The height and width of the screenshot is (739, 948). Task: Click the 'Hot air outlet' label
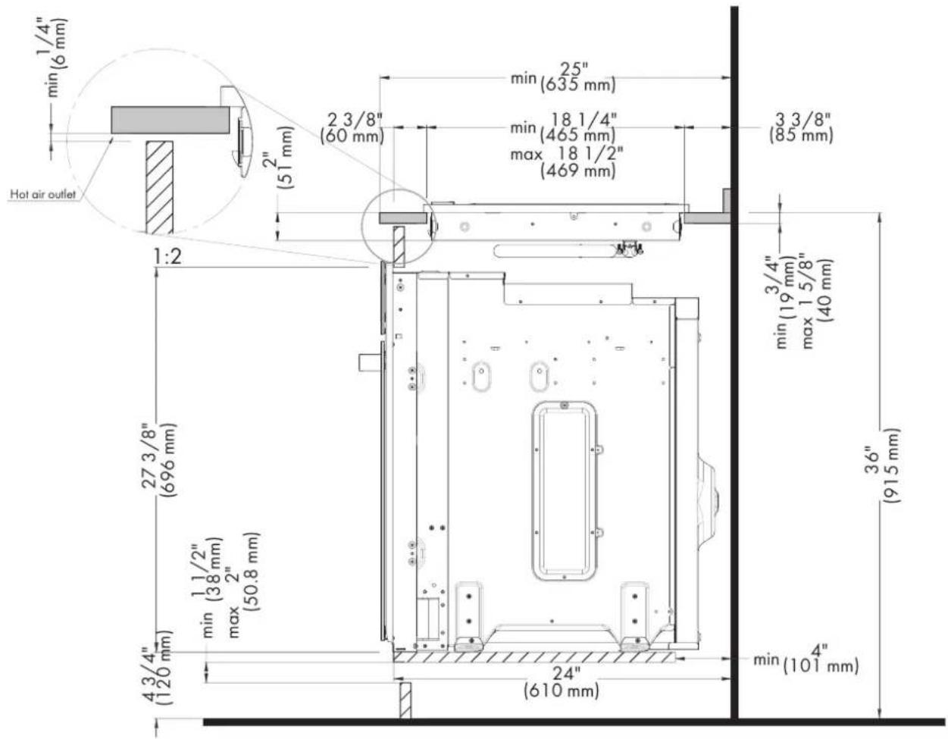pyautogui.click(x=42, y=194)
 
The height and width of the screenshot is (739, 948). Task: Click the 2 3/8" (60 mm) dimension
pyautogui.click(x=352, y=128)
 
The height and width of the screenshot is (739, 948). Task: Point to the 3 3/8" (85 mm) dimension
pyautogui.click(x=800, y=128)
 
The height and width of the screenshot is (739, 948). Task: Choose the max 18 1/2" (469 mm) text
pyautogui.click(x=567, y=162)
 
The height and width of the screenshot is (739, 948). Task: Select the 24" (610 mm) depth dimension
pyautogui.click(x=562, y=682)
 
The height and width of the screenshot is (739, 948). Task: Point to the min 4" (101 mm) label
pyautogui.click(x=806, y=659)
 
